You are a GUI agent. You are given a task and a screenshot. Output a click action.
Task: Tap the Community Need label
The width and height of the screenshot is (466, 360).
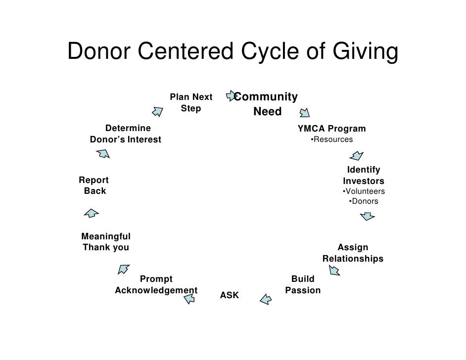(267, 104)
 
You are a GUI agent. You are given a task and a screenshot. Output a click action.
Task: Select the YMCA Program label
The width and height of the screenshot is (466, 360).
(331, 129)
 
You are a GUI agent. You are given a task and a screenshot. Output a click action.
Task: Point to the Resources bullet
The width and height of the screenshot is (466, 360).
(331, 139)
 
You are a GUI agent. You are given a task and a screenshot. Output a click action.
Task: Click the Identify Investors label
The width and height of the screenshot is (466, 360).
(364, 176)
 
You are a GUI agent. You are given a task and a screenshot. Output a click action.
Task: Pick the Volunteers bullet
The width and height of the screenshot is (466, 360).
(364, 191)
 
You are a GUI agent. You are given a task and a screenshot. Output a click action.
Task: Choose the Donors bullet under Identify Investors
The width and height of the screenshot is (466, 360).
(364, 201)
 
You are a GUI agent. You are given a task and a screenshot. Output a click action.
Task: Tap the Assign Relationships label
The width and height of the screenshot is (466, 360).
(353, 253)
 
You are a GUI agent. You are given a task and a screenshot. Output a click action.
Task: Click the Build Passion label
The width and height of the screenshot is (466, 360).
(303, 285)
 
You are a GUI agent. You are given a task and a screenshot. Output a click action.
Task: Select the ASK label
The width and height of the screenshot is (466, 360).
(229, 295)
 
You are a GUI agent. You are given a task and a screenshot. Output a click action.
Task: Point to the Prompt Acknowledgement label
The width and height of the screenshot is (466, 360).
(156, 285)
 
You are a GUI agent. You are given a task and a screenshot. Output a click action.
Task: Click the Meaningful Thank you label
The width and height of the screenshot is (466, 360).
(106, 242)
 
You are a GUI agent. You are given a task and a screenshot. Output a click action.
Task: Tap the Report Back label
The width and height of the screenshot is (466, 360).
(94, 185)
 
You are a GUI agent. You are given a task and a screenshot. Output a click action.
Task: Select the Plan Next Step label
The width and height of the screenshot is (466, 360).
(191, 102)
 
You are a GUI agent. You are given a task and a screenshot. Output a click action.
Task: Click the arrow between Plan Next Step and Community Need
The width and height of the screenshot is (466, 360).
(231, 94)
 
